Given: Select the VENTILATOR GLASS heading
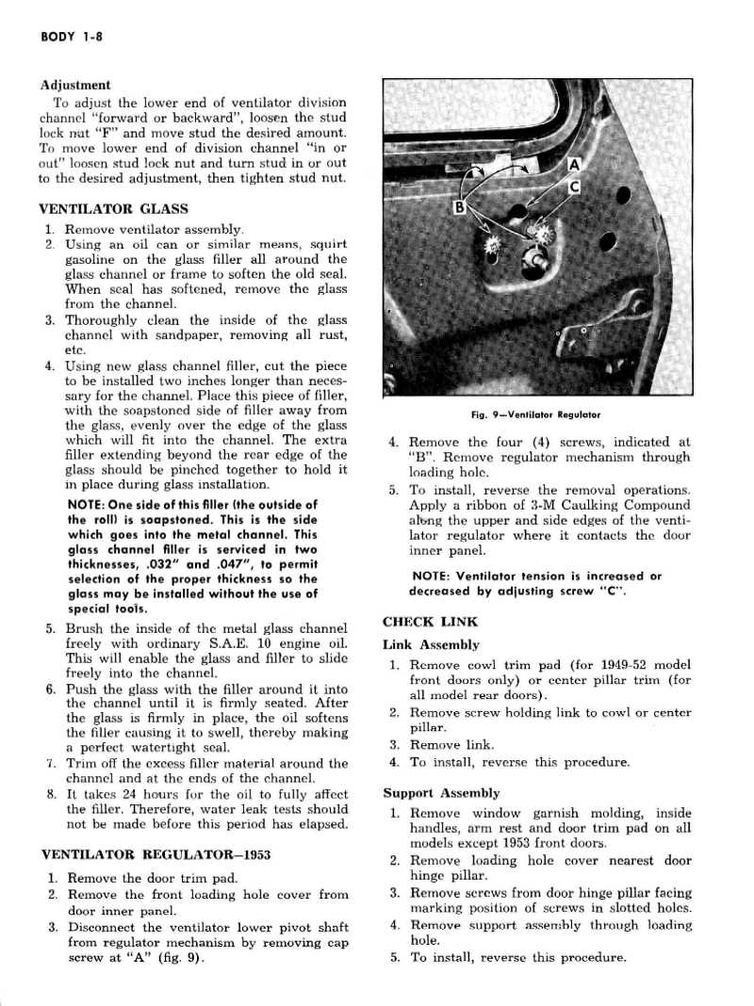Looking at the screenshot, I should pyautogui.click(x=113, y=208).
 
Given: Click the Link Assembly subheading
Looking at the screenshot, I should pyautogui.click(x=431, y=645).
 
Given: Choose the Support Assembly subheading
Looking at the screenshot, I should pyautogui.click(x=441, y=793).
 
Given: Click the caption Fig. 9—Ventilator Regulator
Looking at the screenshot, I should pyautogui.click(x=535, y=414).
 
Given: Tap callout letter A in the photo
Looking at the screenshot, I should pyautogui.click(x=572, y=166).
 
